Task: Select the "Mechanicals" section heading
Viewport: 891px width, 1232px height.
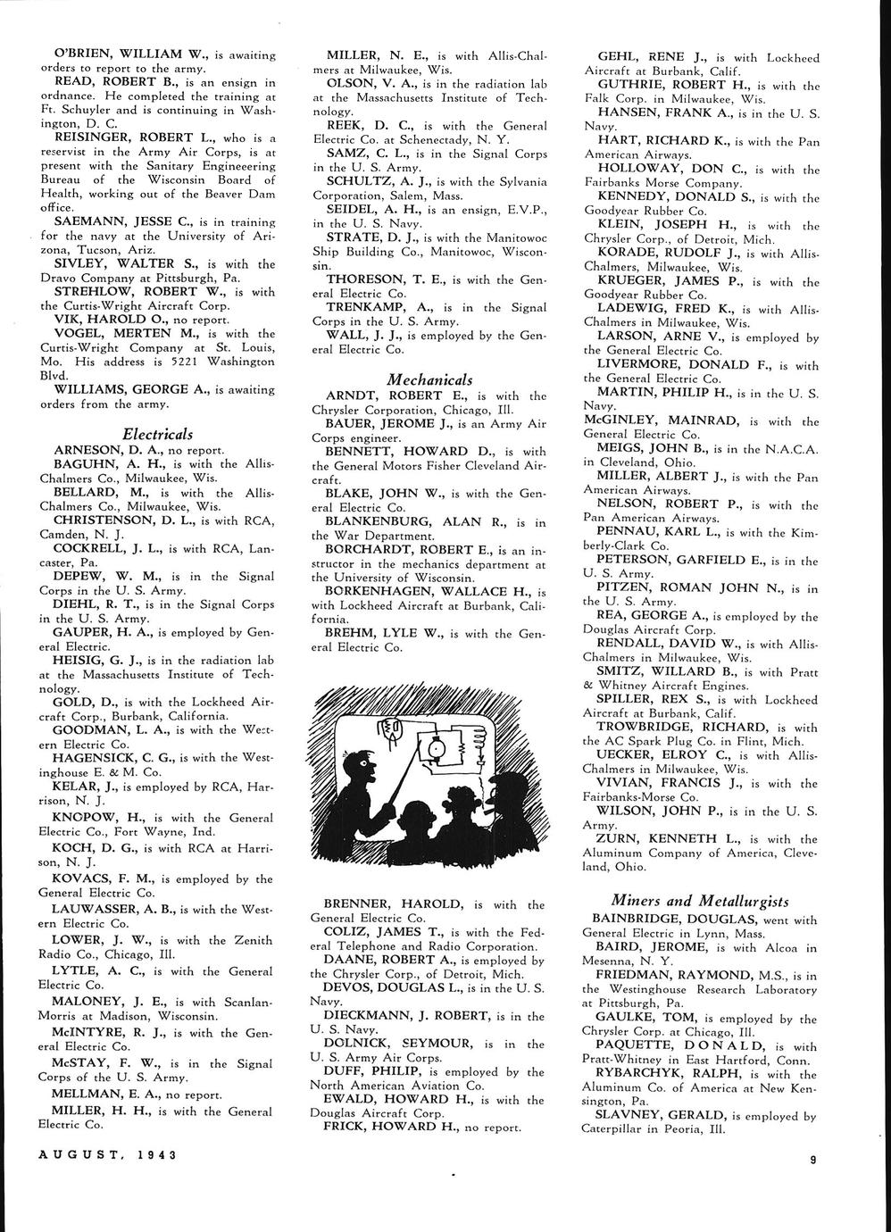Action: coord(429,379)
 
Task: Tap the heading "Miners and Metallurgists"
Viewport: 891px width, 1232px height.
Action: coord(700,900)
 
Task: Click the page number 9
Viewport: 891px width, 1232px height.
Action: coord(814,1160)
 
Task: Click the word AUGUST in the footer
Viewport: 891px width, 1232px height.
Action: coord(77,1153)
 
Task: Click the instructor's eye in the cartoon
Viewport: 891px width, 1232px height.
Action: coord(363,762)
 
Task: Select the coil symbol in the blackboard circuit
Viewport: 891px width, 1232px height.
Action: coord(478,737)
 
